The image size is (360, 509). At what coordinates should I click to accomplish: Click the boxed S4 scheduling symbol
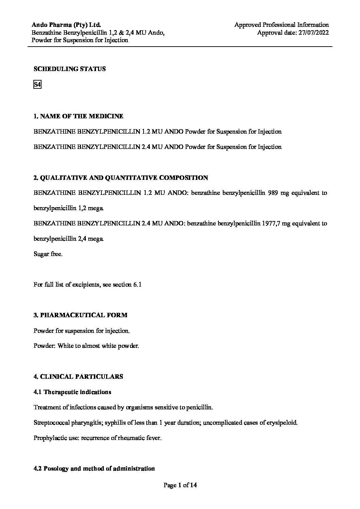[37, 85]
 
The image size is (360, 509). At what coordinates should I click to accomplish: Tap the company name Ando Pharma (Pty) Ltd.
[66, 25]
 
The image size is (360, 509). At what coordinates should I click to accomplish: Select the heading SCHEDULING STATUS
[69, 69]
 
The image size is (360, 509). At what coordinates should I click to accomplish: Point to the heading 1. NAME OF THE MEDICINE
[78, 116]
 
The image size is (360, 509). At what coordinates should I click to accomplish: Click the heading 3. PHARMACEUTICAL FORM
[80, 315]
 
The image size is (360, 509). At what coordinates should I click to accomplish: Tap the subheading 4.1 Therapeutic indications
[72, 392]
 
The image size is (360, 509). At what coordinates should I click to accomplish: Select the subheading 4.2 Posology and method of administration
[94, 469]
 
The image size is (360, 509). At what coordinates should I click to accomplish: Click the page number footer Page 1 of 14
[180, 486]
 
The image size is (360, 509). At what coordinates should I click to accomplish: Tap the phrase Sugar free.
[48, 254]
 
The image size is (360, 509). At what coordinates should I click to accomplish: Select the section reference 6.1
[136, 285]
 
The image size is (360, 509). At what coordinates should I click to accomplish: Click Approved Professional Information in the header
[281, 25]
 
